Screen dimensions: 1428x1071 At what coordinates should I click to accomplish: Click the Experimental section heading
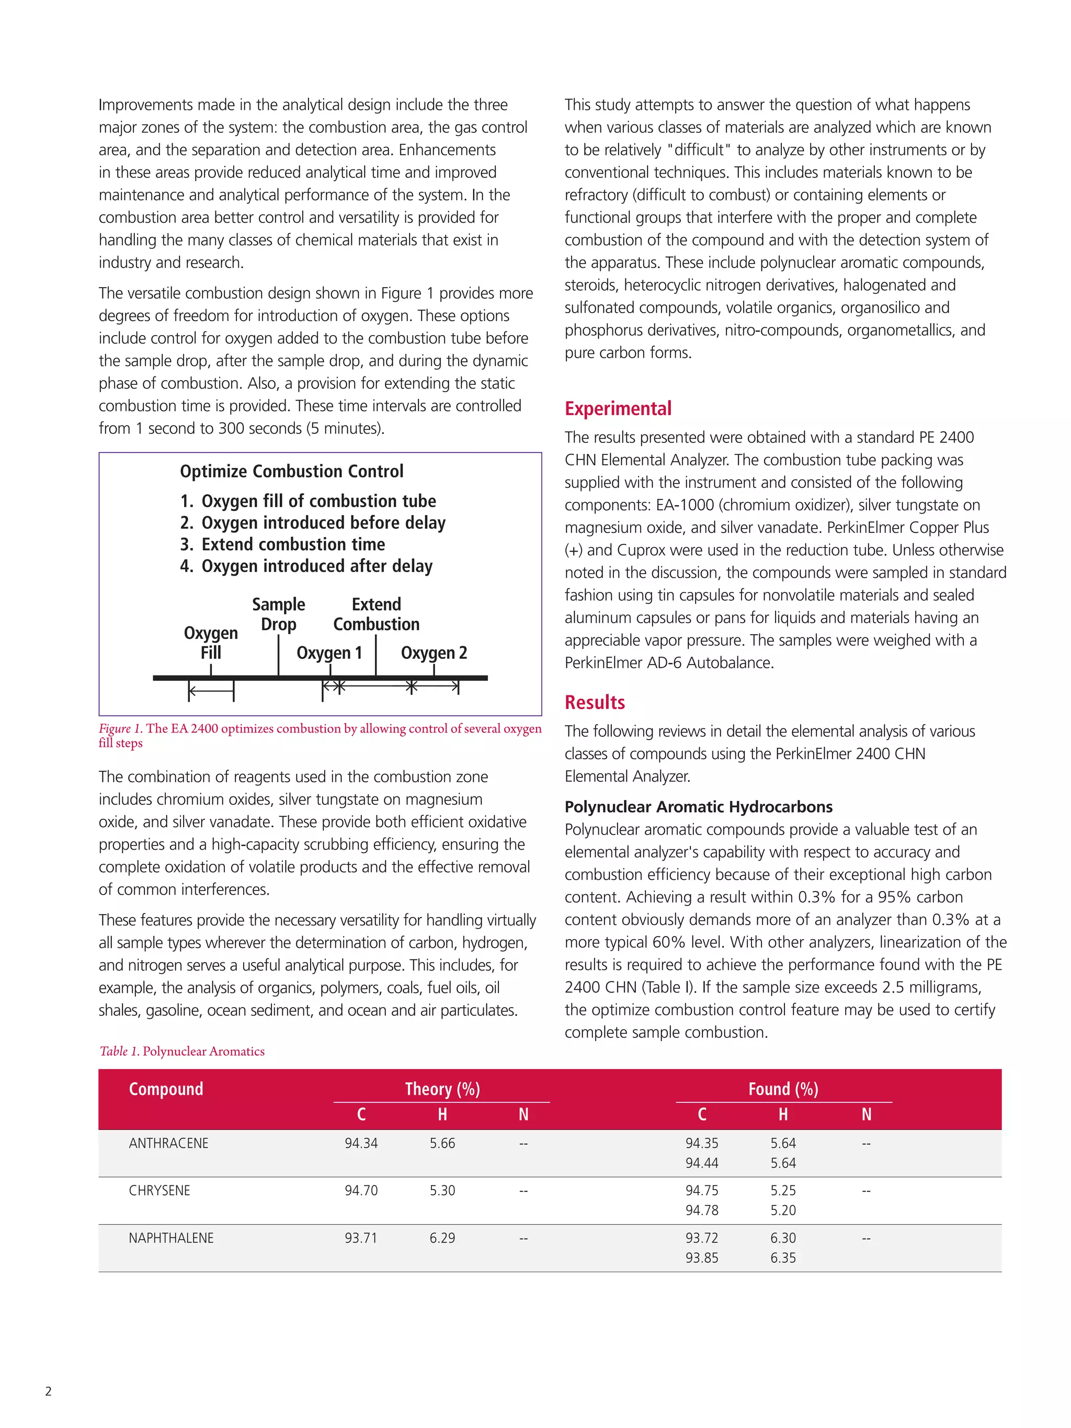coord(617,409)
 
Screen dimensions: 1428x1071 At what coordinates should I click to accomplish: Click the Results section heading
coord(594,702)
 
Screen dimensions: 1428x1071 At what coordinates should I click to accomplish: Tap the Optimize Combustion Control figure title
coord(291,471)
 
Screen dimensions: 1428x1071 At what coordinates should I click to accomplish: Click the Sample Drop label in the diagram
coord(278,614)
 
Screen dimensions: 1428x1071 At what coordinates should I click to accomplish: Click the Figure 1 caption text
coord(320,735)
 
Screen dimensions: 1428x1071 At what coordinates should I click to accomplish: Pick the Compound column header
coord(166,1089)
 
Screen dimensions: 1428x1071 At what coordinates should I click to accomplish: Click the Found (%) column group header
coord(782,1089)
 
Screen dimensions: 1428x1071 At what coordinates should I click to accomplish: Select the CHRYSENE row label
coord(159,1191)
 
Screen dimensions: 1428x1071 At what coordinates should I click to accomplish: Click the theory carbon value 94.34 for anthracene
coord(361,1144)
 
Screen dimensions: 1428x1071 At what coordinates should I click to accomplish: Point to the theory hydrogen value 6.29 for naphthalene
coord(442,1238)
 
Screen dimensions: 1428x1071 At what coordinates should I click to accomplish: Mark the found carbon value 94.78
coord(701,1210)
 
